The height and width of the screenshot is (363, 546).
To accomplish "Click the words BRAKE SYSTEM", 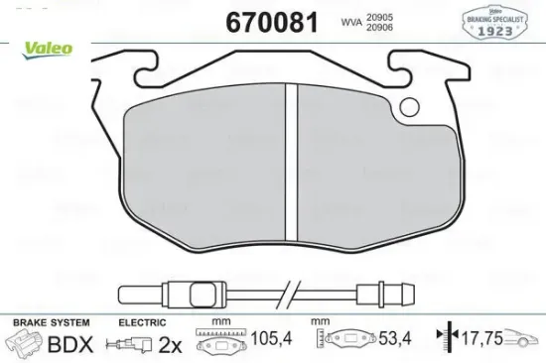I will tap(51, 323).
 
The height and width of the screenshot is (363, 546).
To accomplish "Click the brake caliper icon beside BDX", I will tap(28, 345).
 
